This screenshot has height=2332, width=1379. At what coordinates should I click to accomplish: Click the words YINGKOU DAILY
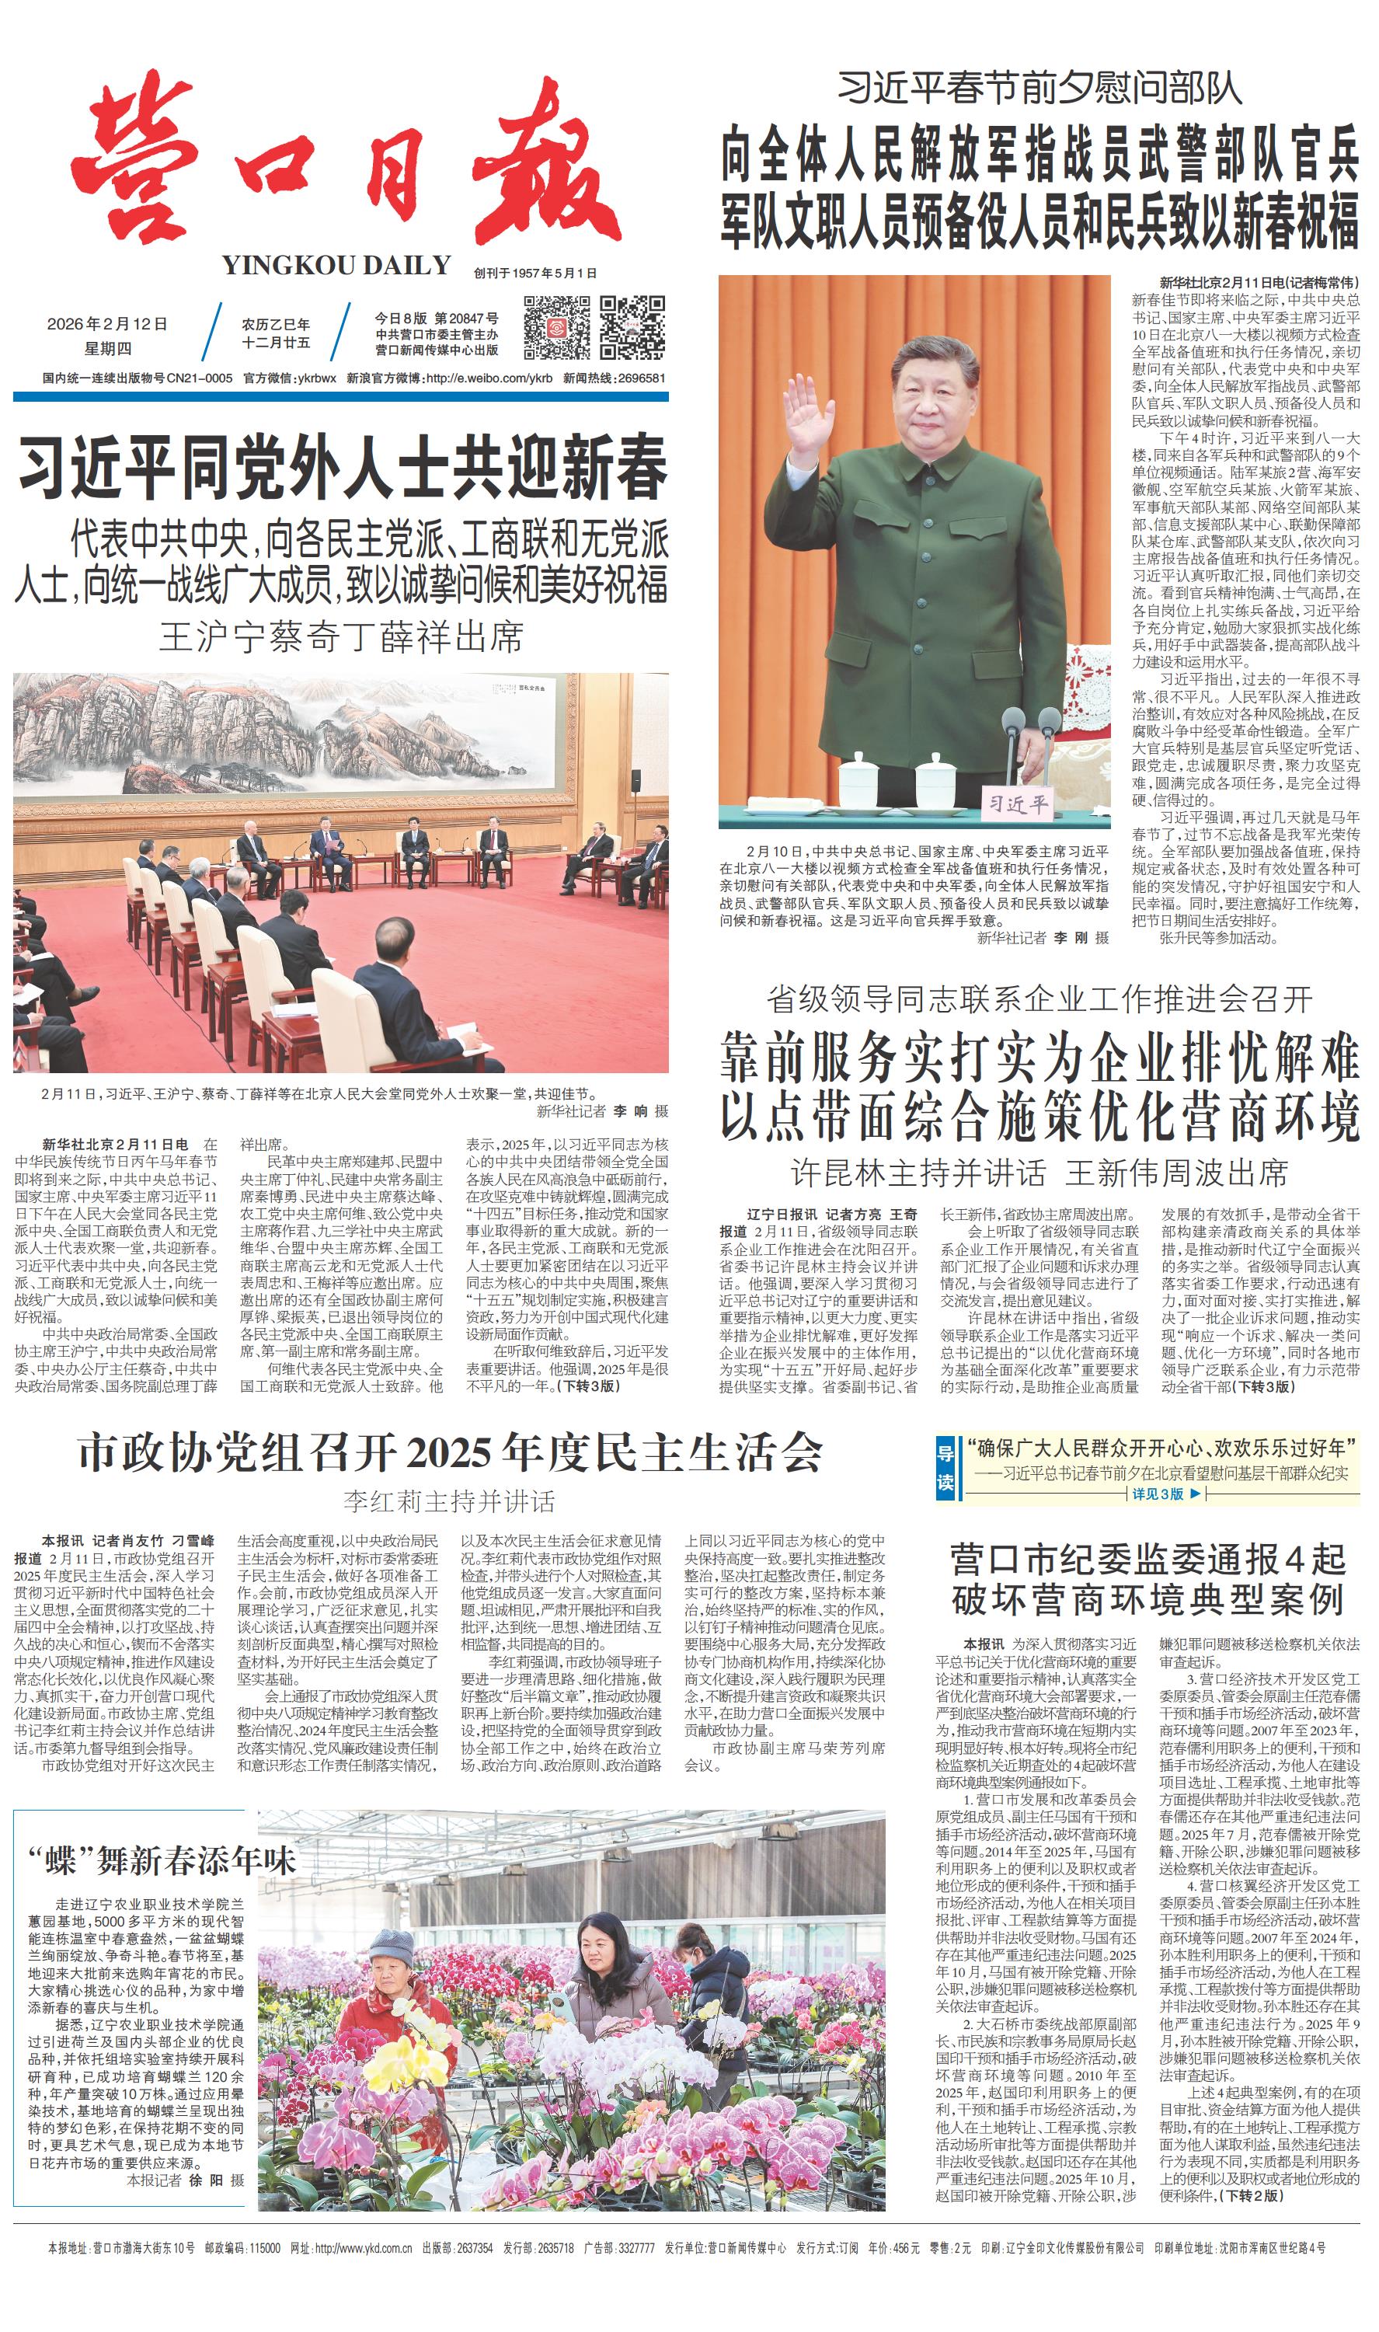[x=336, y=266]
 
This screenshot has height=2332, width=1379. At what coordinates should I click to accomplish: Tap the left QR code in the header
[x=555, y=327]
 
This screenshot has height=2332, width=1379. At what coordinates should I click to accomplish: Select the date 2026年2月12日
[x=107, y=324]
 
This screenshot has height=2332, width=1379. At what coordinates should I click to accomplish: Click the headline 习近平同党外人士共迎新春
[x=342, y=469]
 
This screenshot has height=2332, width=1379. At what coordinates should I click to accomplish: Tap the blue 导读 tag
[x=944, y=1466]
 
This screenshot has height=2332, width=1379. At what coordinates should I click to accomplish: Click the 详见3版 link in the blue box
[x=1157, y=1494]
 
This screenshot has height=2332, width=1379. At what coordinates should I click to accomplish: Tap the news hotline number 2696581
[x=641, y=378]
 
